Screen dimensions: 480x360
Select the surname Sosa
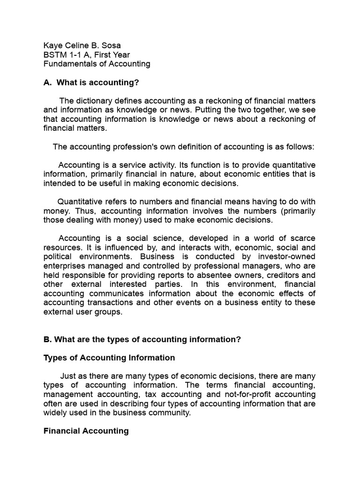(x=111, y=45)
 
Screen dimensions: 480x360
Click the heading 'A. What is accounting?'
(x=91, y=82)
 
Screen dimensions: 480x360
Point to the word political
(x=57, y=256)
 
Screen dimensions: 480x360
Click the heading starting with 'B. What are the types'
(x=142, y=339)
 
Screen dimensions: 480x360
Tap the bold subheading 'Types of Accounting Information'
(x=109, y=358)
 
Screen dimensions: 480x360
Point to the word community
(x=169, y=413)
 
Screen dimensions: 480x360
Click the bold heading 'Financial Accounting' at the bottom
(x=86, y=431)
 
